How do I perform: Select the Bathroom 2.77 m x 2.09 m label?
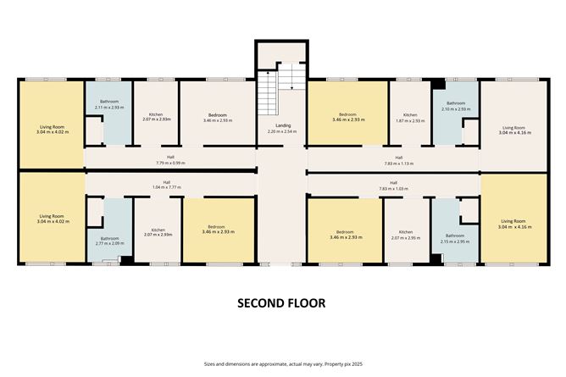(109, 241)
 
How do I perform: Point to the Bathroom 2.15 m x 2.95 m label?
(455, 238)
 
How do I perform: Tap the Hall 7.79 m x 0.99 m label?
(170, 160)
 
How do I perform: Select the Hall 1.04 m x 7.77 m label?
(166, 186)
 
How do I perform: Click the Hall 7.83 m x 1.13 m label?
(393, 160)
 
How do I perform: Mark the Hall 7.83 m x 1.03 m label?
(393, 186)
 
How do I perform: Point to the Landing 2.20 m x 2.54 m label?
(280, 129)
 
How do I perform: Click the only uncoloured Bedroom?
(216, 118)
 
